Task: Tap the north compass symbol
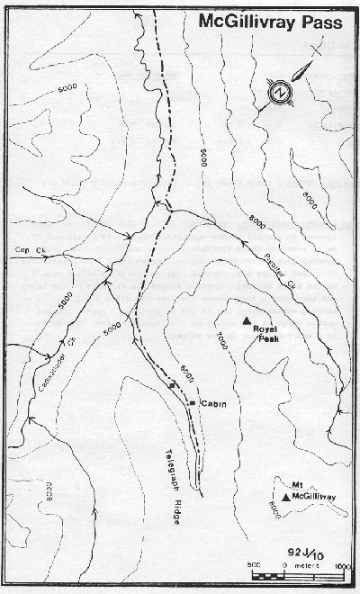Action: coord(281,92)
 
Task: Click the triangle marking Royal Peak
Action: coord(245,320)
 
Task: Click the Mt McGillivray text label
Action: coord(308,490)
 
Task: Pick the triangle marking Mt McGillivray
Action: coord(286,497)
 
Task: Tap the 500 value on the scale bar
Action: coord(256,565)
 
